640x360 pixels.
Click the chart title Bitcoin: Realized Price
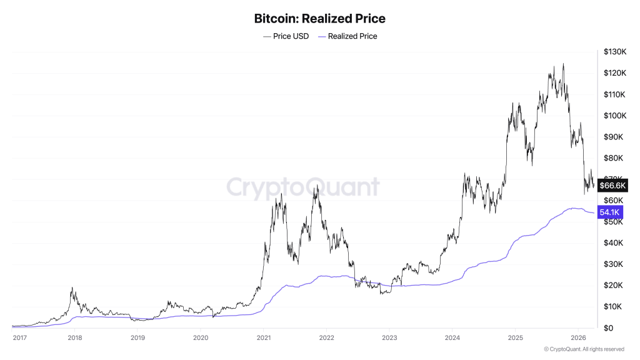tap(319, 18)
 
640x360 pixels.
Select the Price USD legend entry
tap(286, 36)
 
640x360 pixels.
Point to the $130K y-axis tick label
tap(615, 52)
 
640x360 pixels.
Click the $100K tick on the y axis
tap(615, 116)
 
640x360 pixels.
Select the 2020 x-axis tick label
tap(200, 337)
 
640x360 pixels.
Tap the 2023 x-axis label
tap(389, 337)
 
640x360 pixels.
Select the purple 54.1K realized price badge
tap(610, 212)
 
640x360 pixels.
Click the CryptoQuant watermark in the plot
tap(302, 187)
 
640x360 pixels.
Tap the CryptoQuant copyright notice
tap(584, 349)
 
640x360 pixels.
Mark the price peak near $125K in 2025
tap(564, 64)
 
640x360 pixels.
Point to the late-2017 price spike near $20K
tap(72, 287)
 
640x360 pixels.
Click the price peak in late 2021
tap(317, 185)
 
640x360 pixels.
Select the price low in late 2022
tap(381, 294)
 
